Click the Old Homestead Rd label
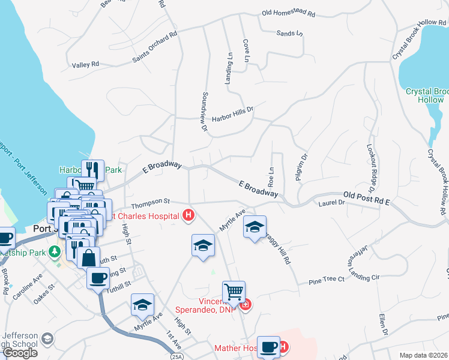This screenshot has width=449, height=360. [289, 13]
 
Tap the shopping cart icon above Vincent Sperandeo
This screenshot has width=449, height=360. [234, 292]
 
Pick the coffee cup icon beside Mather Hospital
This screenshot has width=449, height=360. [268, 347]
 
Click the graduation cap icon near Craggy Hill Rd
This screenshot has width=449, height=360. [255, 227]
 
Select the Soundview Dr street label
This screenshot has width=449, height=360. [204, 112]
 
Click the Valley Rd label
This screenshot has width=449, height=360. [85, 65]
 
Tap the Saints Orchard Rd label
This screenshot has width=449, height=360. [155, 47]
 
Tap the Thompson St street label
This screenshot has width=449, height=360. [151, 202]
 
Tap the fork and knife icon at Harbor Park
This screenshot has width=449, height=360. [92, 170]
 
